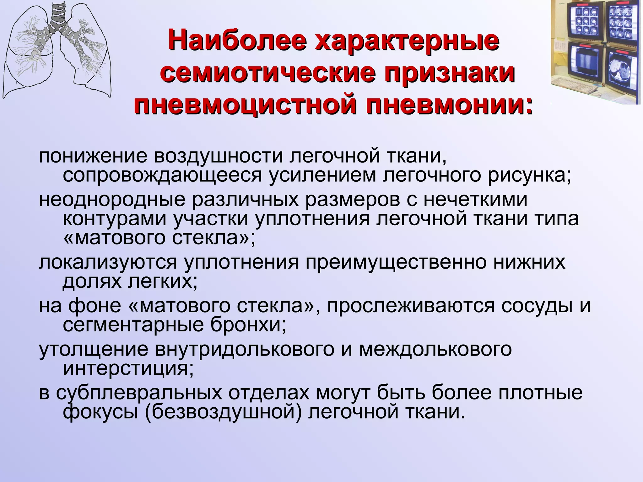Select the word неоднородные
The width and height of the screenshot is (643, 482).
click(x=112, y=200)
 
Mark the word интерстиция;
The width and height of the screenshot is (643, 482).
click(x=128, y=369)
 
